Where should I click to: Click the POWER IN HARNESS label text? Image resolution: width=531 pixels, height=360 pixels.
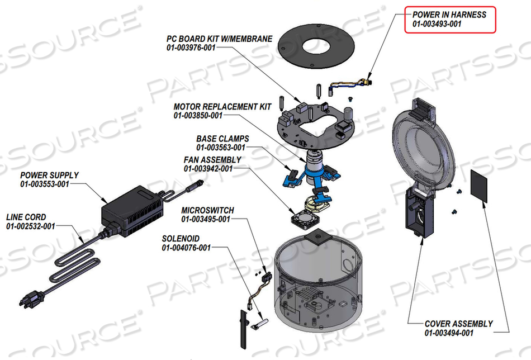point(449,15)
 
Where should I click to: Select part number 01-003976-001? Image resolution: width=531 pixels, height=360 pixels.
point(191,48)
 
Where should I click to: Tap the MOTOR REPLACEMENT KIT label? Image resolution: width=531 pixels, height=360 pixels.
point(222,106)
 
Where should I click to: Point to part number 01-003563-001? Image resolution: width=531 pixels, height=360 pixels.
point(220,147)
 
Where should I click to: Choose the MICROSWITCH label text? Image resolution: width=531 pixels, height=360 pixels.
point(207,210)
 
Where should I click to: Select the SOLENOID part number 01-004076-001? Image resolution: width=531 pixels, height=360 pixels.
point(186,248)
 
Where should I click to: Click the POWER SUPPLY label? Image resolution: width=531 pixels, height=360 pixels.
point(49,175)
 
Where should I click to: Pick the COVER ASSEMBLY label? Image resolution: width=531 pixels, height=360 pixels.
point(458,324)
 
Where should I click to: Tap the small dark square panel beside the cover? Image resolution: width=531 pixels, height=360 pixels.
point(480,187)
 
